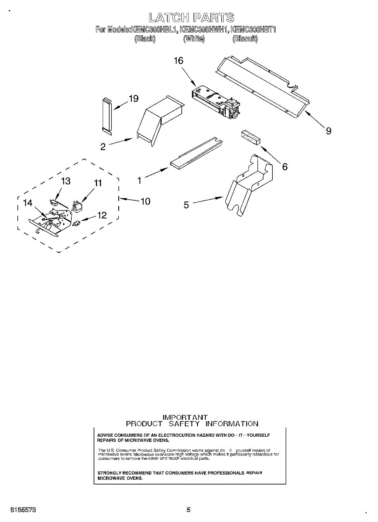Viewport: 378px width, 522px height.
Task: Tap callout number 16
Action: [179, 60]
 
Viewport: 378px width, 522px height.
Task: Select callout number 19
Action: [134, 99]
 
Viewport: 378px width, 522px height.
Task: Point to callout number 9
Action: [328, 130]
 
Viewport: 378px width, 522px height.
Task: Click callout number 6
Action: [285, 166]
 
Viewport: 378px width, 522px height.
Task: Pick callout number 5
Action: [186, 205]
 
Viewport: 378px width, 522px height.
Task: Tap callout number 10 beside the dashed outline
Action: [145, 201]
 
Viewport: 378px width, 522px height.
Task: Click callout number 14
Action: [28, 203]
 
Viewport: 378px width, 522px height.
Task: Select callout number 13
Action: [66, 181]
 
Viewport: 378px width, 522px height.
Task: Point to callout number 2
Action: [103, 147]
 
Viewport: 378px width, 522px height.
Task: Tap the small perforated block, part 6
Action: [250, 137]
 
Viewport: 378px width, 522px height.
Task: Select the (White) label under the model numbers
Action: [194, 39]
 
